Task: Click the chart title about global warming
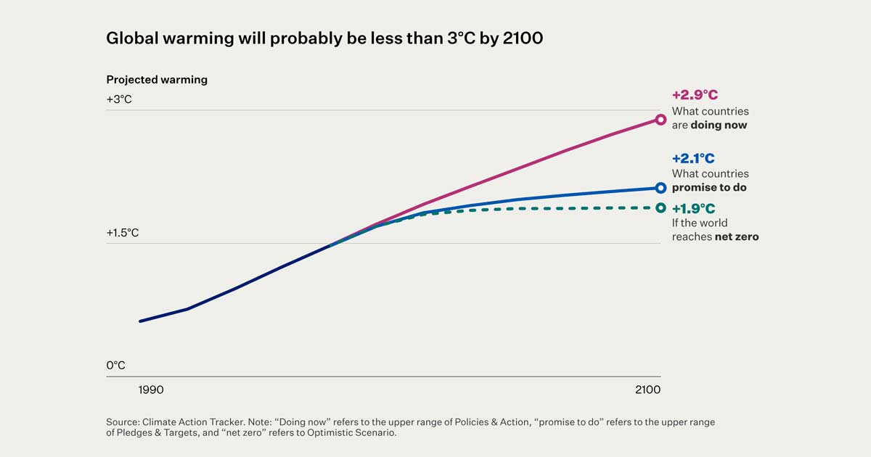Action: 324,38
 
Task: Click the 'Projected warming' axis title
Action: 157,80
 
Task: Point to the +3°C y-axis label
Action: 119,99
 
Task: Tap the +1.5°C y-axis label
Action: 122,233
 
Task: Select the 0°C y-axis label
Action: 115,366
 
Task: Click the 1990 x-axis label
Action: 151,390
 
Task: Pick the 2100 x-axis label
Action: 647,390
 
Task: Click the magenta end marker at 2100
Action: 661,120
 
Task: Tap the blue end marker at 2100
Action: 661,188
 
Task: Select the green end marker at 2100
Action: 661,207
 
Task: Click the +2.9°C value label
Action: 695,95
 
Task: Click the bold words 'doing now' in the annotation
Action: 719,125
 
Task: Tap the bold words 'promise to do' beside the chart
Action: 709,187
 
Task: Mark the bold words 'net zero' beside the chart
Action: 737,236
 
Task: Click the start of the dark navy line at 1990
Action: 140,321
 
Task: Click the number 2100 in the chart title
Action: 523,38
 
